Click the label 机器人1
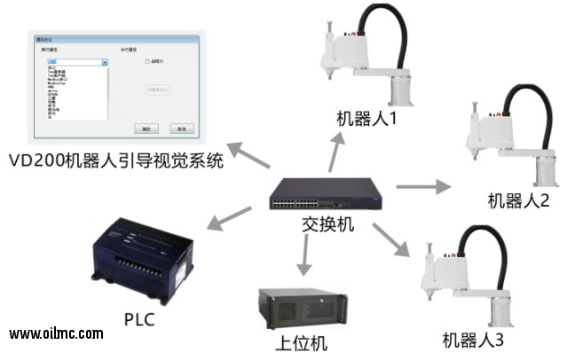pos(366,118)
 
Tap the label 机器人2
pos(518,200)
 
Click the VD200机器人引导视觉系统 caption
pos(114,160)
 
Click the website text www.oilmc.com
pos(56,334)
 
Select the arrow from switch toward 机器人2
pos(422,187)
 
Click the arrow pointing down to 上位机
pos(303,257)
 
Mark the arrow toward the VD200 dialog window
pos(246,154)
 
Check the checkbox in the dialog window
pos(147,62)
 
